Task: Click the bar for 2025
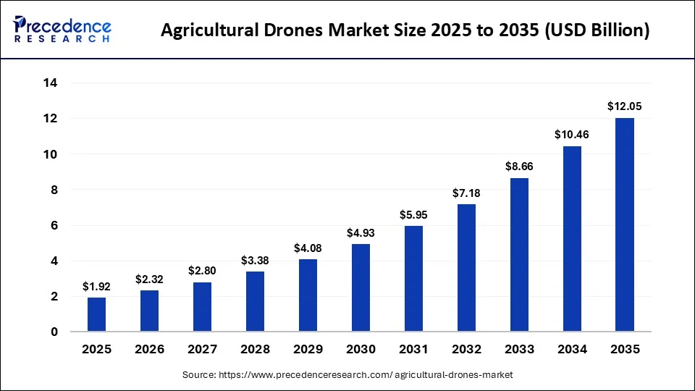coord(96,314)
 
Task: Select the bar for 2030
coord(361,287)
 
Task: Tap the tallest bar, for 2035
coord(624,224)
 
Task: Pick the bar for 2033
coord(518,255)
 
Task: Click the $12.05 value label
coord(624,106)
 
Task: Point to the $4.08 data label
coord(308,248)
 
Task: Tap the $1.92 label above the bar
coord(96,286)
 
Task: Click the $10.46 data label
coord(571,135)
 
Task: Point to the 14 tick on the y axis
coord(51,83)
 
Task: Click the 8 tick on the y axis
coord(54,190)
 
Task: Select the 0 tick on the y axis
coord(54,332)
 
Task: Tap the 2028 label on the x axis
coord(255,350)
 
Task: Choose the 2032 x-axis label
coord(466,350)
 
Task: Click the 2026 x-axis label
coord(149,350)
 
